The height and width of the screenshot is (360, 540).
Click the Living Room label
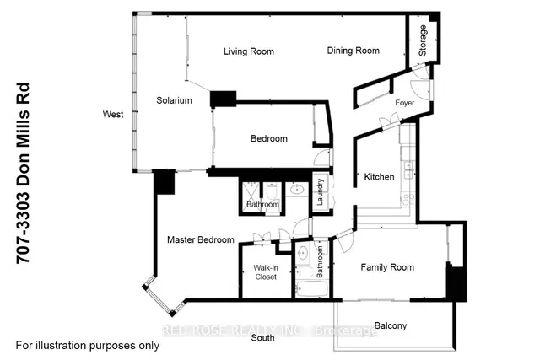point(249,51)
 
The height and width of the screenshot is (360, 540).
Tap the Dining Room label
point(353,51)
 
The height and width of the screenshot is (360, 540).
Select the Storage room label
point(423,40)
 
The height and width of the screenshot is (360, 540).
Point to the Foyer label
point(405,103)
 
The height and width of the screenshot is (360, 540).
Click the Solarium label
point(174,100)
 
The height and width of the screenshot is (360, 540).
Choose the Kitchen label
point(379,177)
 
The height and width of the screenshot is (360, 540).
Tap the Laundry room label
point(320,192)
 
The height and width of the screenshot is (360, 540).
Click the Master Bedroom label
point(201,240)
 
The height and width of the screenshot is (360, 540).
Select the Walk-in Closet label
point(266,272)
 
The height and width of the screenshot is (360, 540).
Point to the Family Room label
point(387,267)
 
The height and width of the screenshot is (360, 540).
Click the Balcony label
point(391,326)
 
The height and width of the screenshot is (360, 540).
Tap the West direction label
point(113,115)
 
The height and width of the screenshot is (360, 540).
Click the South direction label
point(262,338)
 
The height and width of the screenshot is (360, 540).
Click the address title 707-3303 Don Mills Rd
point(24,174)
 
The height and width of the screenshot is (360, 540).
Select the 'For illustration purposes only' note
point(88,346)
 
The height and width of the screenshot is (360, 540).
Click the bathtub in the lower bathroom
point(312,289)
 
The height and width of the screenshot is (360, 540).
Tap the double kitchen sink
point(408,169)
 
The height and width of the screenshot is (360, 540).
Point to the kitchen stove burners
point(408,200)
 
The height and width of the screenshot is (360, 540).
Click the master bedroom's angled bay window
point(158,295)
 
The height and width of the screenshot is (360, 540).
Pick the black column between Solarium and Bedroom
point(223,99)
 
